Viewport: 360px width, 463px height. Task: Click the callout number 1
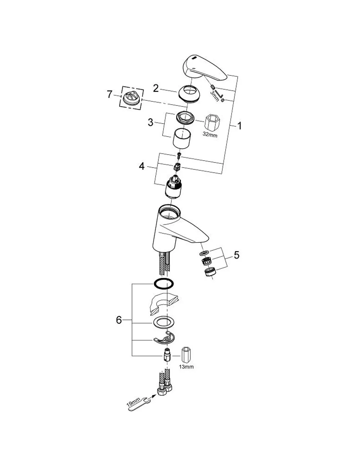239,126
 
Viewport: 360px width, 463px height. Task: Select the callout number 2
156,88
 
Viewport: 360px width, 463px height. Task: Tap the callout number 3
150,122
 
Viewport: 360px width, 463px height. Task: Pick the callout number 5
237,255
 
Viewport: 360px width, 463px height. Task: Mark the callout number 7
109,94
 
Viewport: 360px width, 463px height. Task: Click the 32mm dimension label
210,135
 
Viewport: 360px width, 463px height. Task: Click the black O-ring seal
164,284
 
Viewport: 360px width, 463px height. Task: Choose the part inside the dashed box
131,97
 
